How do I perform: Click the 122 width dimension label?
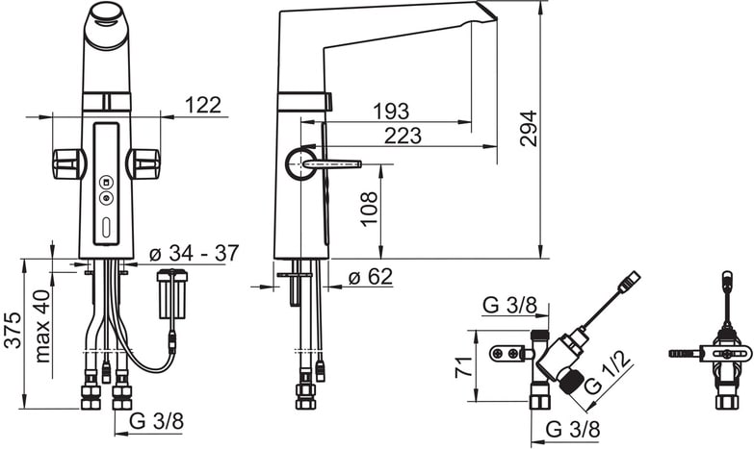click(x=203, y=105)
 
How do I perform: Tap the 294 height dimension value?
click(x=529, y=128)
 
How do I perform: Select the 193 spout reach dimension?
click(x=391, y=112)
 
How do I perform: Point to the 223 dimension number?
click(x=403, y=136)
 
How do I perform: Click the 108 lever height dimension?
click(x=369, y=209)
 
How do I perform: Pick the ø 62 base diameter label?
click(x=371, y=277)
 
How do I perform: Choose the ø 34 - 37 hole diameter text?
click(x=194, y=253)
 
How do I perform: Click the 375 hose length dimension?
click(x=13, y=330)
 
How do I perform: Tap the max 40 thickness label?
click(x=42, y=326)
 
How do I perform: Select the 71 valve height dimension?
click(x=463, y=367)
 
